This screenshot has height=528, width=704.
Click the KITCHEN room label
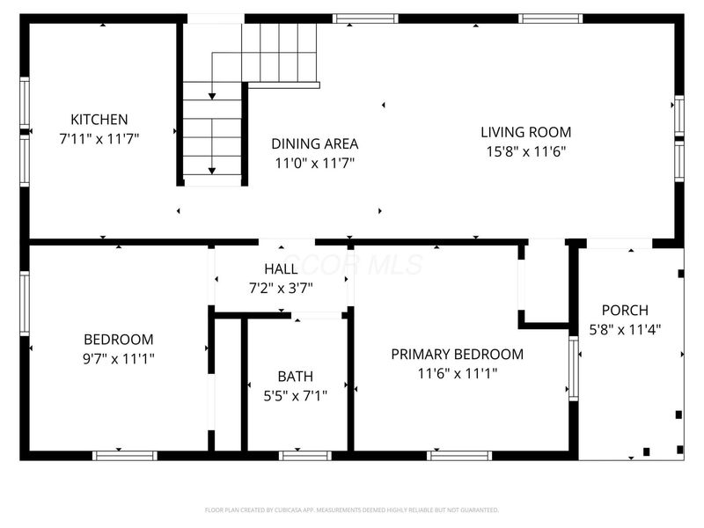99,120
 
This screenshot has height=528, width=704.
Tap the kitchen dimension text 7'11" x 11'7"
99,138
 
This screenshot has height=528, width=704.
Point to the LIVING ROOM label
525,133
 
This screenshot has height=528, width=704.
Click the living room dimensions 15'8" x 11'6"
525,151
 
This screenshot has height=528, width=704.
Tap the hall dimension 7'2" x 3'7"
281,288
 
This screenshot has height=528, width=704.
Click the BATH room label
295,377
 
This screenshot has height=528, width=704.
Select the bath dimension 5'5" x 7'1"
296,396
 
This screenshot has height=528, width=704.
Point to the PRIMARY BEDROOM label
457,355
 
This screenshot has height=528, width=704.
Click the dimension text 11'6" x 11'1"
458,373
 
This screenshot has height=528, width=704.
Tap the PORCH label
624,311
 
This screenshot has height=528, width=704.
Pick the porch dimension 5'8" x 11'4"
624,330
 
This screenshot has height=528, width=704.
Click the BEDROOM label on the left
118,340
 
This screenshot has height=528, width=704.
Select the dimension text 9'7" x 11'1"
118,358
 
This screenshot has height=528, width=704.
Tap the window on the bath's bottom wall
304,455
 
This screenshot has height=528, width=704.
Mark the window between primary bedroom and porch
574,367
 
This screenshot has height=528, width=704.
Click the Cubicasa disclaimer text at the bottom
352,510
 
